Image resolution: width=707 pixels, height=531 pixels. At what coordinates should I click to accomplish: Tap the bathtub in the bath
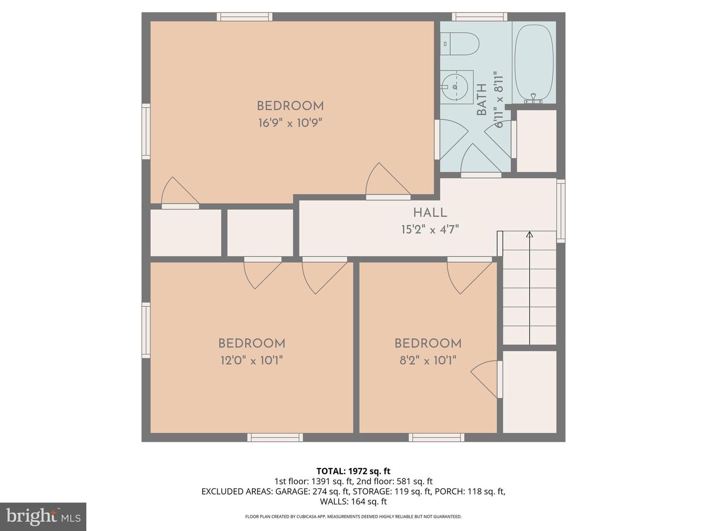click(x=534, y=62)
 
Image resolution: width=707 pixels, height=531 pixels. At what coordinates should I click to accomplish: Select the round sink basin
click(x=456, y=87)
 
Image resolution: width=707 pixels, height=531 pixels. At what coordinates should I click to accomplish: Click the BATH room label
click(x=482, y=100)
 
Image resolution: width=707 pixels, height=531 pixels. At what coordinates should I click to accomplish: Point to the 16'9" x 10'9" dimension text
click(x=290, y=123)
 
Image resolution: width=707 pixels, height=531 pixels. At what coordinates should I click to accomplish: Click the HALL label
click(x=430, y=213)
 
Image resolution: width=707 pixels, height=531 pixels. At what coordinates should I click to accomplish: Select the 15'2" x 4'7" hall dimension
click(x=430, y=230)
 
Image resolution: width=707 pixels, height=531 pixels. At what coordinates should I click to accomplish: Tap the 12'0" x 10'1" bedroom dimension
click(x=252, y=361)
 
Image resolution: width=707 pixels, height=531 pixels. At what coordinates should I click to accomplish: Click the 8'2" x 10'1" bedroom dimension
click(x=428, y=361)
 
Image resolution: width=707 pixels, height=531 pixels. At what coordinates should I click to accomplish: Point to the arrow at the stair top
click(x=529, y=235)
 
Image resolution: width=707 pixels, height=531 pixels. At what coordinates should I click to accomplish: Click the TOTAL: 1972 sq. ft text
click(x=353, y=472)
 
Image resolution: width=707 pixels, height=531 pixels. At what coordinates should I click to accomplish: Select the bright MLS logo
click(x=43, y=516)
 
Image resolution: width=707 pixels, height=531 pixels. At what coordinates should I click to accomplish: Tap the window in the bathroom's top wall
click(x=480, y=17)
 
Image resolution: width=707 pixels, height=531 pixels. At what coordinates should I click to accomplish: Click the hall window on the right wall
click(x=561, y=210)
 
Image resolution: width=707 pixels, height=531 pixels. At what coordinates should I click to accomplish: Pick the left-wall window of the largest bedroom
click(x=146, y=131)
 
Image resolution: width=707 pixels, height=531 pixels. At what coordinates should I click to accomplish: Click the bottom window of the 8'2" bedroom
click(x=436, y=437)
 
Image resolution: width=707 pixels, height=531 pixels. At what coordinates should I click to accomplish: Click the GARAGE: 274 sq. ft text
click(x=312, y=491)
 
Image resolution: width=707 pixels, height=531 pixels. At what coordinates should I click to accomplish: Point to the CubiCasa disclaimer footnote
click(x=353, y=517)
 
